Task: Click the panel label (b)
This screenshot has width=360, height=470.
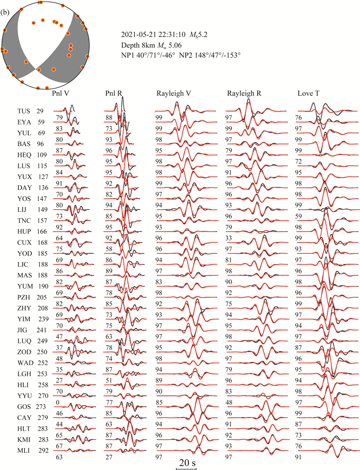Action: pyautogui.click(x=5, y=6)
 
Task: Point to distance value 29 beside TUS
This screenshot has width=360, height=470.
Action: pyautogui.click(x=40, y=111)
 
